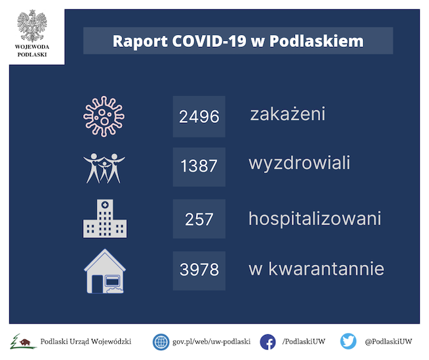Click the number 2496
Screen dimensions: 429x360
point(199,117)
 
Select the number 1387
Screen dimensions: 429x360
point(199,166)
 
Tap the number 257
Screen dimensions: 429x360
point(199,219)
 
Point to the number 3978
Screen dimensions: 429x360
point(199,270)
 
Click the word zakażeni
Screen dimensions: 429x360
point(288,114)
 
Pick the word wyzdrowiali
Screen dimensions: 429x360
point(300,163)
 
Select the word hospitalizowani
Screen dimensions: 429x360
point(315,219)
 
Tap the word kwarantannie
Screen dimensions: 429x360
point(327,268)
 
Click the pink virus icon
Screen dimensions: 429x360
point(104,117)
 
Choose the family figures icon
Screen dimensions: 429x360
point(104,168)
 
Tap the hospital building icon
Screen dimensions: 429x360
point(105,219)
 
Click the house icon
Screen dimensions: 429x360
point(105,271)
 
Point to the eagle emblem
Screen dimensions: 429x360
point(32,26)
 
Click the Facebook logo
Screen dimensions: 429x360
point(267,342)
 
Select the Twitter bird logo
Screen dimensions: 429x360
point(348,342)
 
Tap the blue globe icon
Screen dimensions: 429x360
point(161,342)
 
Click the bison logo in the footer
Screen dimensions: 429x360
point(23,342)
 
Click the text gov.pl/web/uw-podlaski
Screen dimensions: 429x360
point(211,342)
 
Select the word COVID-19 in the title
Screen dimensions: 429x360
point(209,41)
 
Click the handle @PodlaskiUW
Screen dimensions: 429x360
point(389,342)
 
